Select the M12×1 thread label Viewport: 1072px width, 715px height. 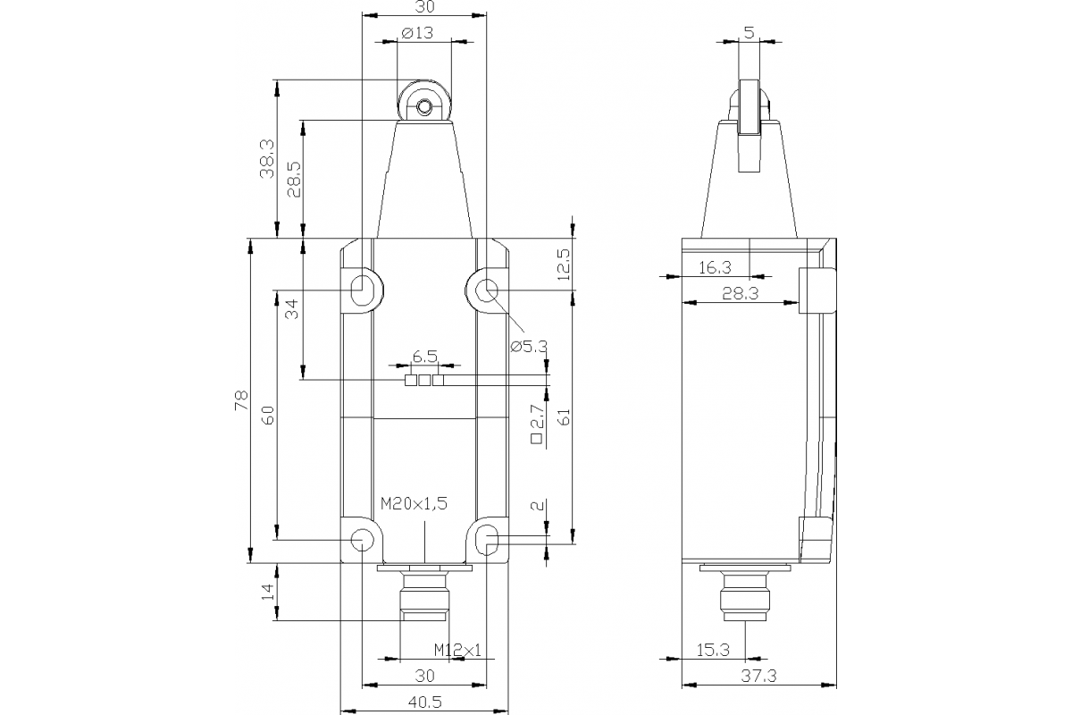[x=457, y=650]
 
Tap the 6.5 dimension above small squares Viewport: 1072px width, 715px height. [x=424, y=357]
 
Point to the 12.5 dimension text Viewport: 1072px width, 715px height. [x=563, y=265]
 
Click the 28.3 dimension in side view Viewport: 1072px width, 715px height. [x=741, y=293]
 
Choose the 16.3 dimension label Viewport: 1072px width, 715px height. [x=714, y=266]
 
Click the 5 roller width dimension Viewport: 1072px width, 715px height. [x=749, y=32]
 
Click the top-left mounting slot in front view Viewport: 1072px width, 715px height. [x=363, y=290]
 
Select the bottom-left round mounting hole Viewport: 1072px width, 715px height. [x=362, y=539]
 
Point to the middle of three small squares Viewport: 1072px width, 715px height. [x=424, y=381]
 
